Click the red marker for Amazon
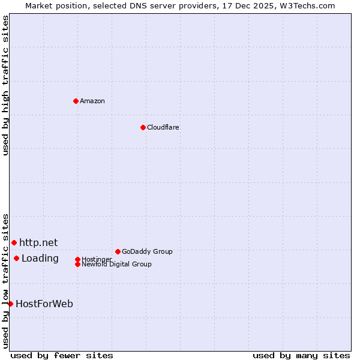(x=76, y=101)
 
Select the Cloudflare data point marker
(x=143, y=127)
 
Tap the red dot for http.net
(x=14, y=242)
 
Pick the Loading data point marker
(x=16, y=259)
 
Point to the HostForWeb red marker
(x=10, y=304)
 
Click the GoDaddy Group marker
(x=118, y=251)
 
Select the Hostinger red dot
(x=77, y=259)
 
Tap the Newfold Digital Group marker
(x=77, y=264)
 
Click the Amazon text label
(x=92, y=101)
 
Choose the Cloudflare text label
(x=163, y=127)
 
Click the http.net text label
(x=38, y=242)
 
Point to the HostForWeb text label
(x=44, y=304)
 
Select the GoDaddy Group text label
(x=147, y=251)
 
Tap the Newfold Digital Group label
(x=117, y=264)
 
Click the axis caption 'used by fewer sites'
(x=62, y=356)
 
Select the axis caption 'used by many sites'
(x=301, y=356)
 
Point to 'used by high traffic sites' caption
(x=6, y=85)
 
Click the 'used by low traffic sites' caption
(x=6, y=280)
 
